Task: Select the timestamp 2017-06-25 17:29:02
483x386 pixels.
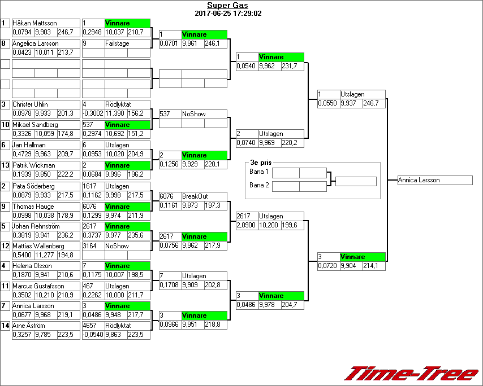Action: tap(227, 13)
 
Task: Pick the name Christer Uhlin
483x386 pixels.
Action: tap(30, 104)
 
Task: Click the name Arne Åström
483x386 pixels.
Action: tap(28, 326)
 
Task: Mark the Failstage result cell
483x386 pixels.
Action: tap(117, 43)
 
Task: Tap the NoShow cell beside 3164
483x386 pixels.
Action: tap(117, 246)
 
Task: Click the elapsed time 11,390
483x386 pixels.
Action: tap(116, 113)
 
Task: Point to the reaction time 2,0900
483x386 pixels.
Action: tap(247, 225)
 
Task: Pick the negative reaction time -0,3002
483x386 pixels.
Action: tap(93, 113)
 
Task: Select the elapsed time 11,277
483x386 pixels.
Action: tap(45, 255)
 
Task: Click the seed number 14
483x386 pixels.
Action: tap(5, 326)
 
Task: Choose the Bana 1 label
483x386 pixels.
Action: tap(259, 172)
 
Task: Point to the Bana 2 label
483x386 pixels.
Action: tap(259, 185)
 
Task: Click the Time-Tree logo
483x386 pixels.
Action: tap(412, 374)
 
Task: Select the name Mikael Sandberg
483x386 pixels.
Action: tap(35, 125)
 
